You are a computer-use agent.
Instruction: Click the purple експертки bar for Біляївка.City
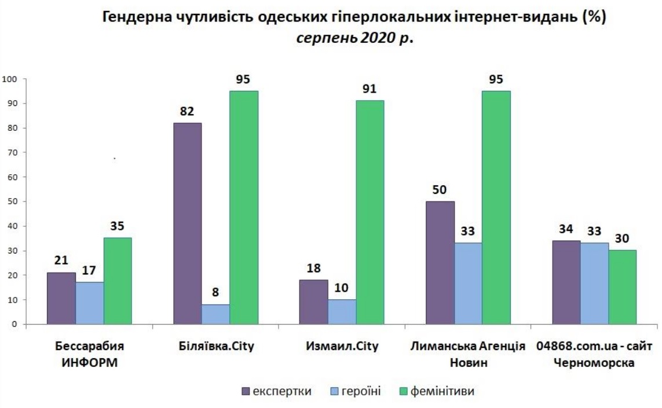(188, 223)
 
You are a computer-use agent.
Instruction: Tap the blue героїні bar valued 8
(215, 314)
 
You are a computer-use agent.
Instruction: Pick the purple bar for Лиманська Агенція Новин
(440, 263)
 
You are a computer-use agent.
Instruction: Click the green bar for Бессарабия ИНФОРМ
(118, 281)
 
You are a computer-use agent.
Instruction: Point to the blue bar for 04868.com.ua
(594, 284)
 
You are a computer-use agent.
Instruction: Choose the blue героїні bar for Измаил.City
(342, 312)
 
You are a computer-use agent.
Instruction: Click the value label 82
(186, 111)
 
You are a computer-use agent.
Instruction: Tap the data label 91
(370, 89)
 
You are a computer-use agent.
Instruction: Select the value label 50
(440, 190)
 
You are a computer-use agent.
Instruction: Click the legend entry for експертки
(276, 391)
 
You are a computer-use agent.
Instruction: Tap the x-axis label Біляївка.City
(216, 347)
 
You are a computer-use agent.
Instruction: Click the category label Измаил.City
(342, 347)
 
